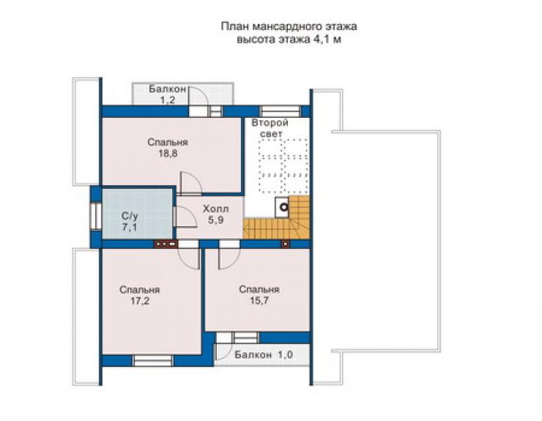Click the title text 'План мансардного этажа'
tap(289, 27)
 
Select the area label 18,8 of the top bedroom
tap(168, 154)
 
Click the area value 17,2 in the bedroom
tap(140, 301)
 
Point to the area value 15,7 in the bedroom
tap(259, 301)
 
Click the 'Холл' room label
tap(215, 209)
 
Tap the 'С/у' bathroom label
tap(130, 217)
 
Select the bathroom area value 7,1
tap(130, 228)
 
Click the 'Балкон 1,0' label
tap(264, 354)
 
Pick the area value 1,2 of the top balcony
tap(167, 100)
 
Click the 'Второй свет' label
tap(270, 128)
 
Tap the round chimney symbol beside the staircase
tap(283, 207)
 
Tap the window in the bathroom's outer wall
tap(96, 217)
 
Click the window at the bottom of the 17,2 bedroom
tap(153, 361)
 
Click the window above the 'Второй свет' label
tap(280, 111)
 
